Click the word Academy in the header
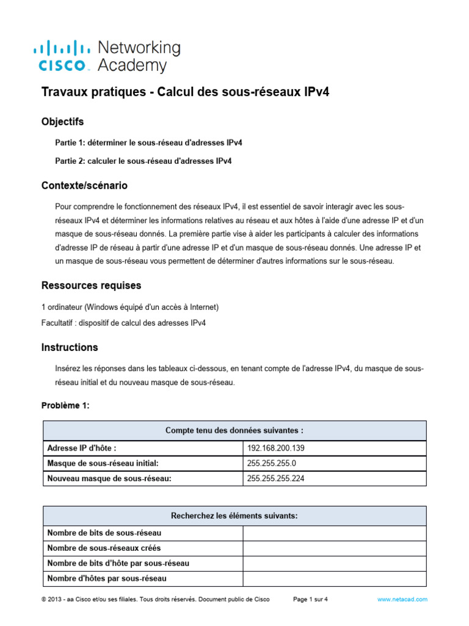click(x=131, y=65)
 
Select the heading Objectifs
click(x=62, y=122)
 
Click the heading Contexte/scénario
click(x=84, y=185)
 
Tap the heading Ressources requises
click(x=91, y=285)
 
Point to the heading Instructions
click(x=69, y=347)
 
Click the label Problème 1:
click(x=65, y=405)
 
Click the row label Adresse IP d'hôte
click(x=81, y=448)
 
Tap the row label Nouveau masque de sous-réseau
click(x=109, y=479)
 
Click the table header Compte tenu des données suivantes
click(x=234, y=430)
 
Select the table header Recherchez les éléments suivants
click(x=234, y=516)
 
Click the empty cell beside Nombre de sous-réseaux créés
click(x=334, y=548)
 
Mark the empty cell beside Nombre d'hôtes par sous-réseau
click(x=334, y=578)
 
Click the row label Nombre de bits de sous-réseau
click(x=96, y=533)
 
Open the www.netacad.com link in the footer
click(x=402, y=600)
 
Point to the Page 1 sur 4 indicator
click(x=310, y=600)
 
